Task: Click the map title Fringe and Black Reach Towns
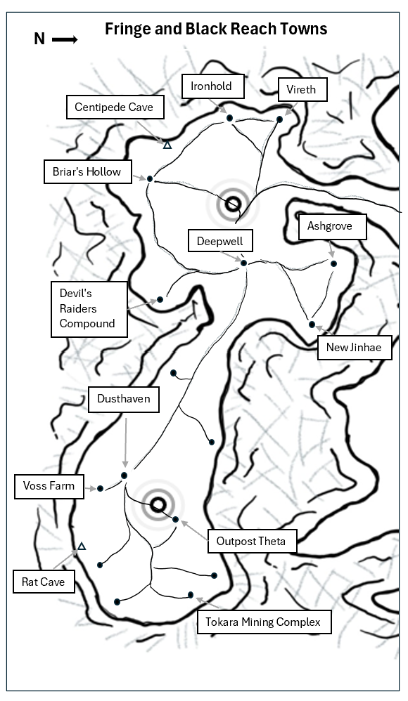pos(216,29)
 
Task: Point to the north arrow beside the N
pos(65,40)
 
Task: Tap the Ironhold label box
pos(212,86)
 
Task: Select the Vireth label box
pos(302,89)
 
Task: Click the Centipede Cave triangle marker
pos(167,145)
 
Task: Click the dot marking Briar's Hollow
pos(150,179)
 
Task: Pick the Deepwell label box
pos(220,242)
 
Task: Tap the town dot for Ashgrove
pos(333,264)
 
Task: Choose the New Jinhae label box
pos(355,348)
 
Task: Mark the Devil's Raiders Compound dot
pos(160,299)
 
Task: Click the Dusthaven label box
pos(124,399)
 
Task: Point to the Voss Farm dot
pos(101,489)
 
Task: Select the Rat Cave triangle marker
pos(82,546)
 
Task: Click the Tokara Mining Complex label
pos(264,622)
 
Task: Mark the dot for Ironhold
pos(230,118)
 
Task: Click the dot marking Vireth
pos(279,119)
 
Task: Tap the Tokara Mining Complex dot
pos(191,595)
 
